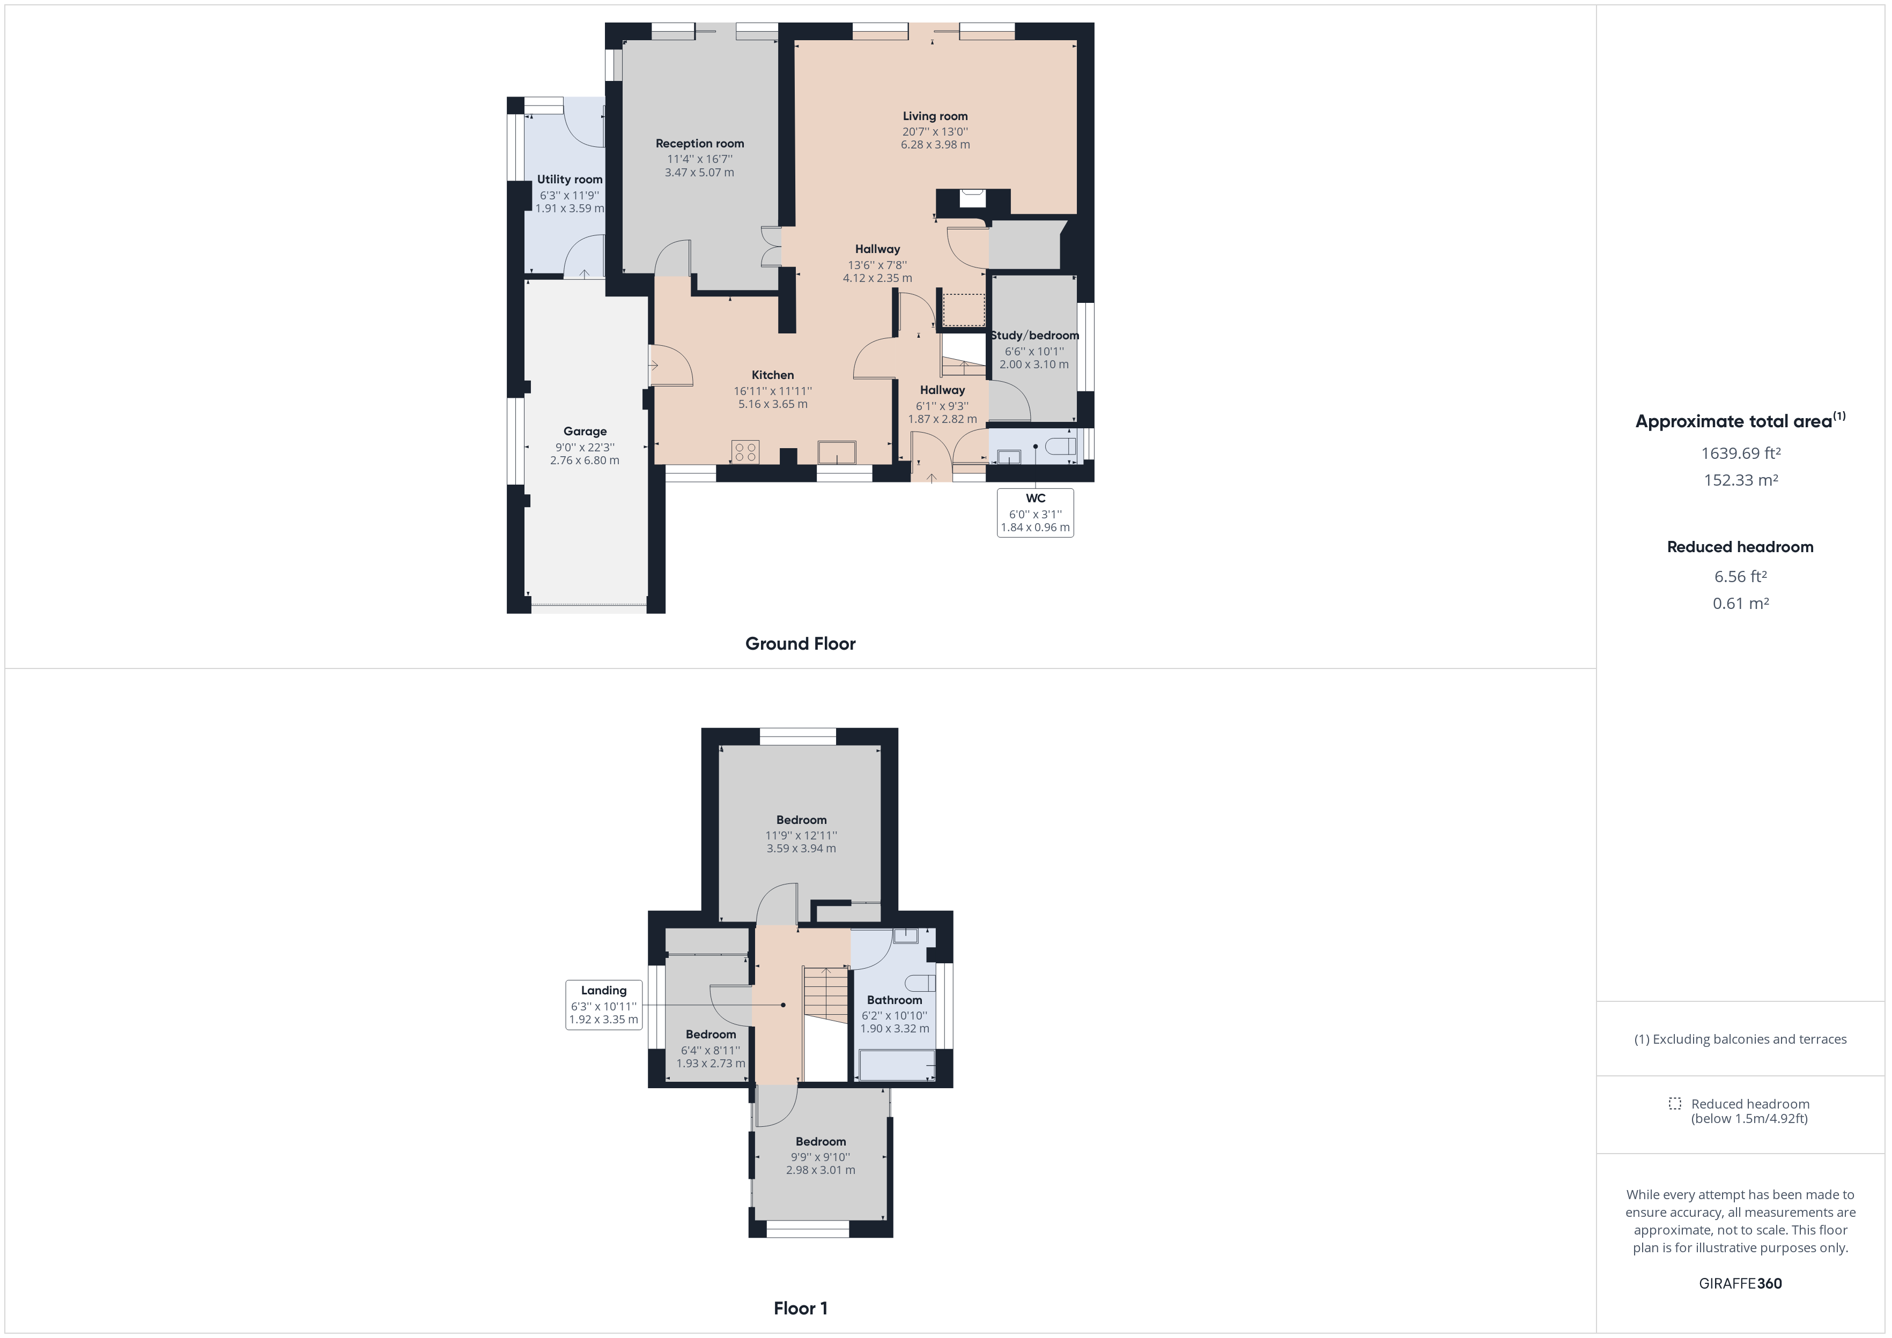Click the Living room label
tap(934, 116)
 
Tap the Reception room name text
tap(700, 143)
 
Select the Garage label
tap(585, 431)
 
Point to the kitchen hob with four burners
tap(745, 451)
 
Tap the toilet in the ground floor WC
tap(1061, 447)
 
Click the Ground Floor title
tap(800, 643)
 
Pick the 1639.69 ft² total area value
tap(1740, 453)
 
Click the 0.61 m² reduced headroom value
tap(1740, 603)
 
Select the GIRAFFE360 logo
tap(1740, 1283)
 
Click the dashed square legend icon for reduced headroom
tap(1674, 1103)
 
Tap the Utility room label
tap(570, 180)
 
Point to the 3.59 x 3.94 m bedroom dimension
tap(801, 849)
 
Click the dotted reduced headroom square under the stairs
tap(963, 310)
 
